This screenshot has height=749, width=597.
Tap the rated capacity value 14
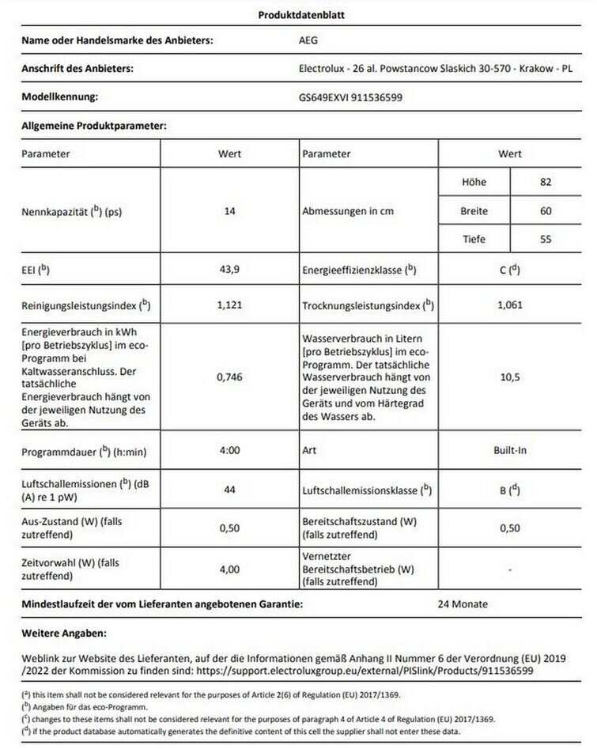pos(230,212)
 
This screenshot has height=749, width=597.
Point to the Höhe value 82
pos(546,183)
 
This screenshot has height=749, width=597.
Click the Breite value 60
pos(546,211)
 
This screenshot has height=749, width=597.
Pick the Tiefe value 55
pos(546,240)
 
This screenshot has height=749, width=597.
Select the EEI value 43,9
pos(230,270)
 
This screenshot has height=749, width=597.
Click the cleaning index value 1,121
pos(230,305)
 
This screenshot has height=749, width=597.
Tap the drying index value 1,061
pos(510,305)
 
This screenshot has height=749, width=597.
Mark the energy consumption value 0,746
pos(230,377)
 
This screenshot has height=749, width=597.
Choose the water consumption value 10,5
pos(510,377)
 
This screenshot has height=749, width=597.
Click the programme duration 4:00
pos(230,450)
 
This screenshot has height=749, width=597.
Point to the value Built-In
pos(510,450)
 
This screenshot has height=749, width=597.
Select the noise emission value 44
pos(230,490)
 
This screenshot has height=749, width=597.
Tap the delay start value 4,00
pos(230,569)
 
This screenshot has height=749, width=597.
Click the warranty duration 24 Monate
pos(463,604)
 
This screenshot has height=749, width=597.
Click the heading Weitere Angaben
pos(63,634)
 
